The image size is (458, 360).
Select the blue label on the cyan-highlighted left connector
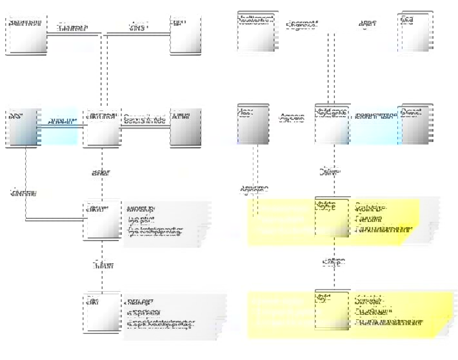[x=62, y=121]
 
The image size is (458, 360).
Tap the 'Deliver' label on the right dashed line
[x=330, y=172]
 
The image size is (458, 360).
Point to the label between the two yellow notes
[x=334, y=262]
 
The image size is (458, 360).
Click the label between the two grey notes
[x=103, y=265]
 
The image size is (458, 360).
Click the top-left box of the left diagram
[x=26, y=34]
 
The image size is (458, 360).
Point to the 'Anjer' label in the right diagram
[x=367, y=23]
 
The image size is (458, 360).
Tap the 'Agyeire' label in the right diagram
[x=292, y=118]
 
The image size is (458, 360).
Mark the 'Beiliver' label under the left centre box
[x=101, y=173]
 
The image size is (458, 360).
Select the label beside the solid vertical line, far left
[x=23, y=194]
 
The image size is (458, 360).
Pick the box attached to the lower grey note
[x=102, y=313]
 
